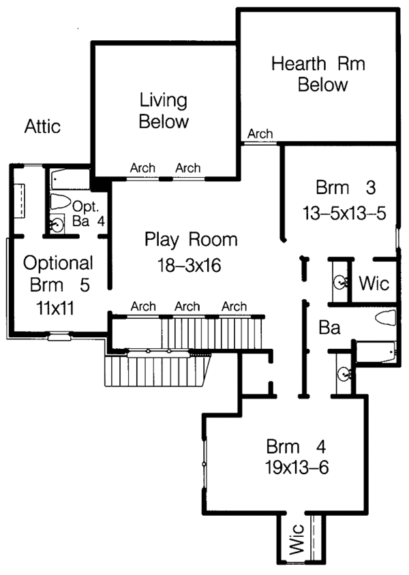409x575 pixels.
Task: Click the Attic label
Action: [x=43, y=127]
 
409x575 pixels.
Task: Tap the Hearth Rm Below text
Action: [x=318, y=75]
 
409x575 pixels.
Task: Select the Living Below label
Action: [x=164, y=112]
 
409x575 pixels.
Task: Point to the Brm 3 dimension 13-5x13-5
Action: [x=345, y=213]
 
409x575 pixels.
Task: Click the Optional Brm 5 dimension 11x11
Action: [x=56, y=307]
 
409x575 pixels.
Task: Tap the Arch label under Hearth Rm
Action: [x=260, y=134]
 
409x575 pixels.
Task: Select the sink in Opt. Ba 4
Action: [x=58, y=223]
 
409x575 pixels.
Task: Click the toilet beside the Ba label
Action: [x=385, y=318]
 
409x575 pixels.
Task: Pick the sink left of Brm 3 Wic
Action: [x=339, y=282]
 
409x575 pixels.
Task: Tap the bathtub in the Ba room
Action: [x=374, y=352]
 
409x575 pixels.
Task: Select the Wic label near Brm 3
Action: [x=374, y=282]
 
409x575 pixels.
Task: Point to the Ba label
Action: [x=329, y=328]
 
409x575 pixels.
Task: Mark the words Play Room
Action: [x=191, y=240]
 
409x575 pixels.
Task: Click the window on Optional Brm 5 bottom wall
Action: [x=59, y=335]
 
